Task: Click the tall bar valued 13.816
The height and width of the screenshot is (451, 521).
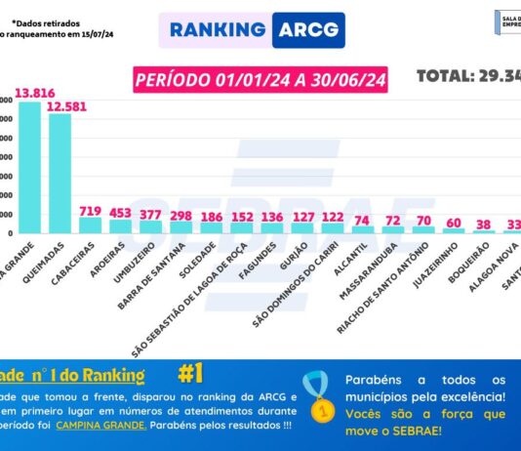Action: (x=29, y=166)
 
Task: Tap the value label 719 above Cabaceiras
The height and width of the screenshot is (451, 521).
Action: (x=91, y=210)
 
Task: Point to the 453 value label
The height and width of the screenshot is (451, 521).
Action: (x=121, y=213)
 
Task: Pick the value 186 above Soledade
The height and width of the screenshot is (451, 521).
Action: (x=211, y=216)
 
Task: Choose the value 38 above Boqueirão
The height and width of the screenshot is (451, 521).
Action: (x=484, y=224)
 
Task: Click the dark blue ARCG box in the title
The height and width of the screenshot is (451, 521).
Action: (x=307, y=29)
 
